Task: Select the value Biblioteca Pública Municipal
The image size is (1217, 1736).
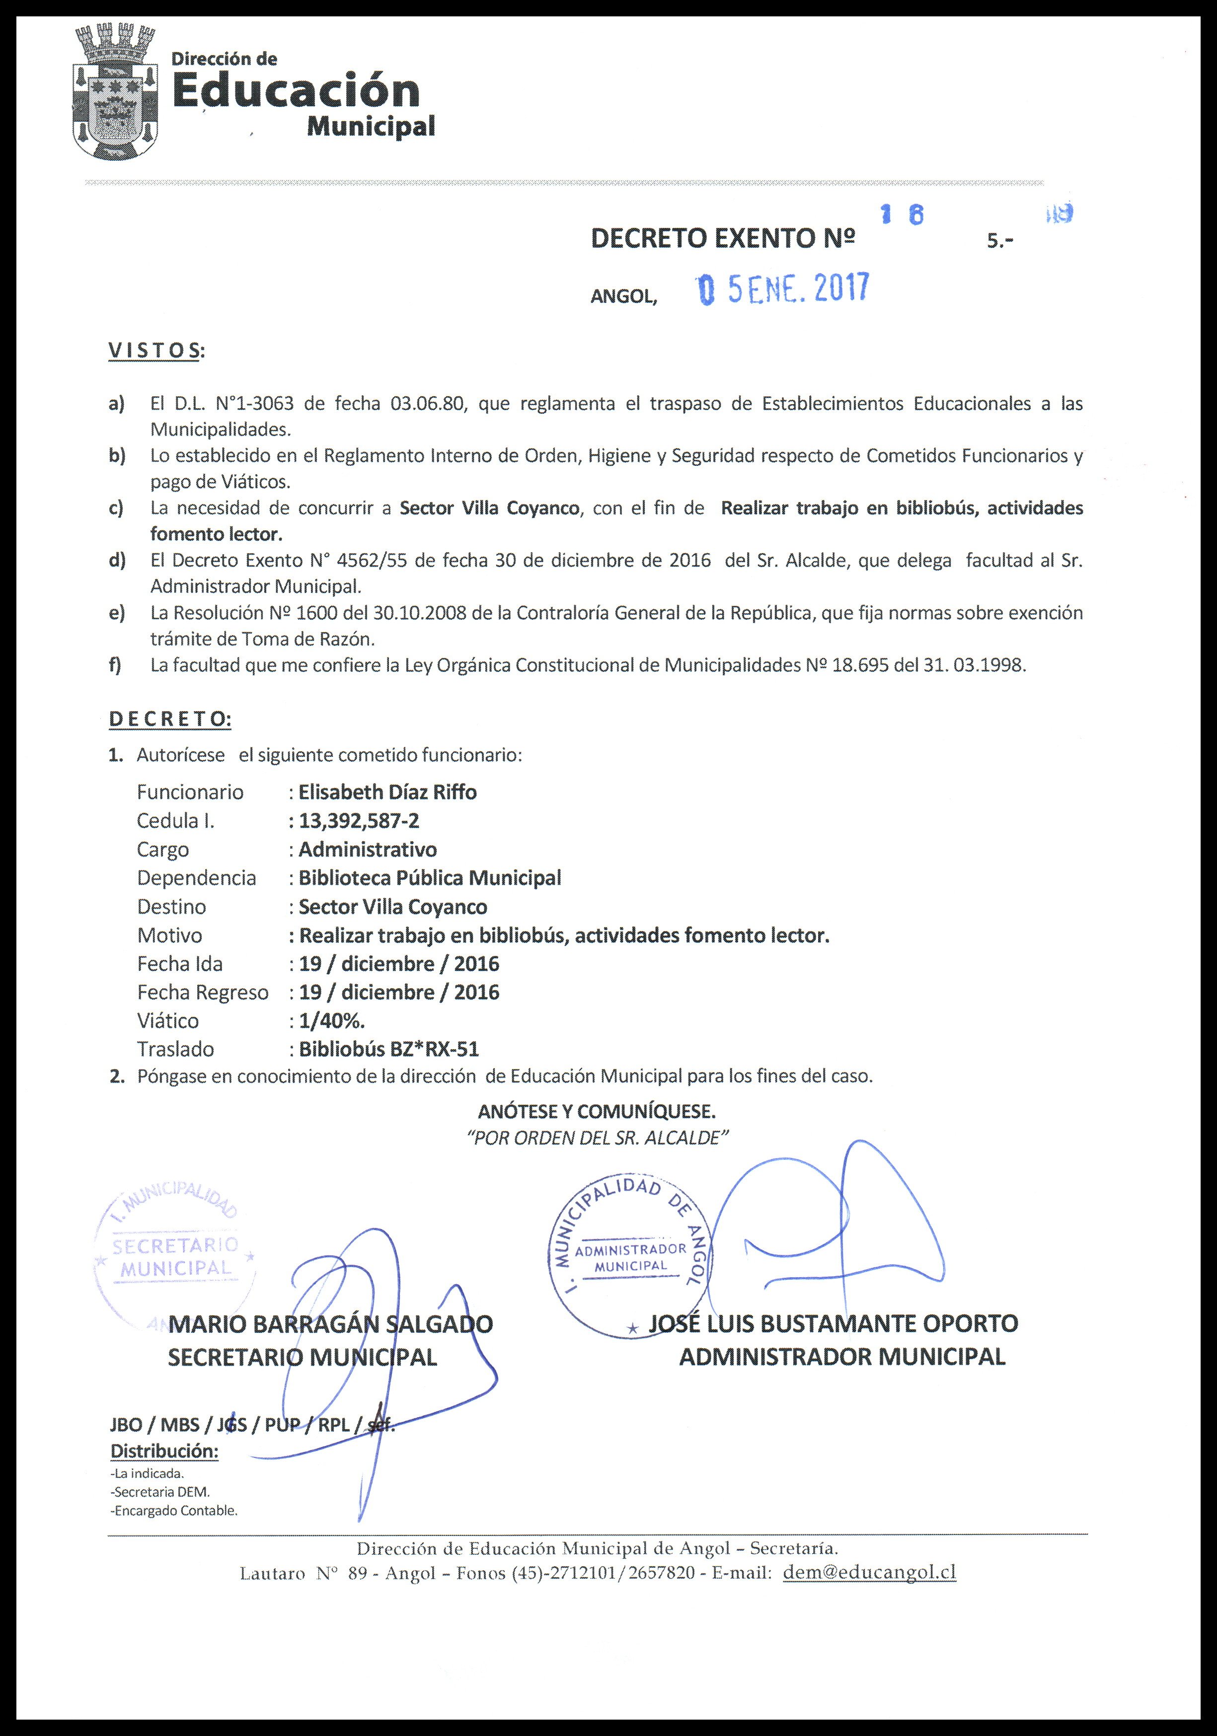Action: [x=430, y=878]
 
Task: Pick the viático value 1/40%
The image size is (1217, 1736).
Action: [x=332, y=1021]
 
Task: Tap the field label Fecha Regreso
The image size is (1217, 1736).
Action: [x=202, y=992]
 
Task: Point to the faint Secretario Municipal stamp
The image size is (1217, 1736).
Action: [x=175, y=1256]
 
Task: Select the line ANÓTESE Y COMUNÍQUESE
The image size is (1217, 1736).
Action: [x=597, y=1111]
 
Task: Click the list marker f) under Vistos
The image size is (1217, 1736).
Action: [x=116, y=665]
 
